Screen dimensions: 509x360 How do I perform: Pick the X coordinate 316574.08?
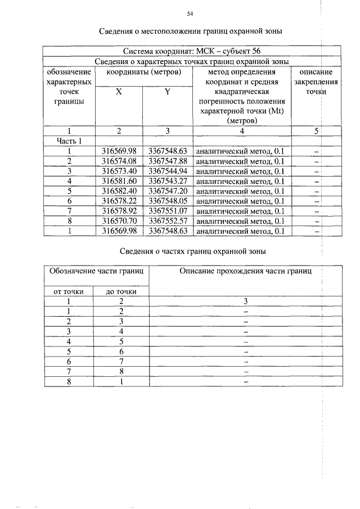[119, 161]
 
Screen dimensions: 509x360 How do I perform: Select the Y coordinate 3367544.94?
[167, 172]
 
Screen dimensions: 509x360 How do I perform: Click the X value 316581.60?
[119, 181]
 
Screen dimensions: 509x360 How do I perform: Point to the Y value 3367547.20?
[167, 191]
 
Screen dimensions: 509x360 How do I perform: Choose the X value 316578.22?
[119, 201]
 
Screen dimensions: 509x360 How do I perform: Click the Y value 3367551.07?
[167, 211]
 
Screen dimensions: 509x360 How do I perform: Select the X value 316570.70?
[119, 221]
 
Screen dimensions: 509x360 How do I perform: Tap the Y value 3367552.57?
[167, 221]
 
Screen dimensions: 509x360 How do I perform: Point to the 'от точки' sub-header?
[69, 291]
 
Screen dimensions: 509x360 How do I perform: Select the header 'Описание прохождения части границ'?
[245, 271]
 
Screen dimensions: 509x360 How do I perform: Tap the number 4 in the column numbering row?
[242, 131]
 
